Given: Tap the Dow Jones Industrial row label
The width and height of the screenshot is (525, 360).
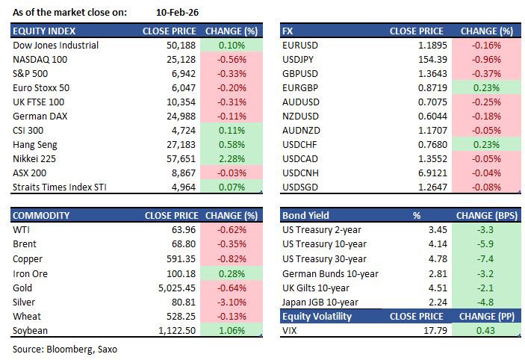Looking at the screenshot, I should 56,45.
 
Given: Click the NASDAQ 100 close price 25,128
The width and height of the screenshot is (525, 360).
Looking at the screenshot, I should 180,59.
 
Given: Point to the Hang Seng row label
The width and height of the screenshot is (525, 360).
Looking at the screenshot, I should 37,144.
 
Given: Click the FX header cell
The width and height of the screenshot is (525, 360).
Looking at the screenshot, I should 289,31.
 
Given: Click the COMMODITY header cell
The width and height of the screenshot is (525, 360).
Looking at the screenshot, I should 42,216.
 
